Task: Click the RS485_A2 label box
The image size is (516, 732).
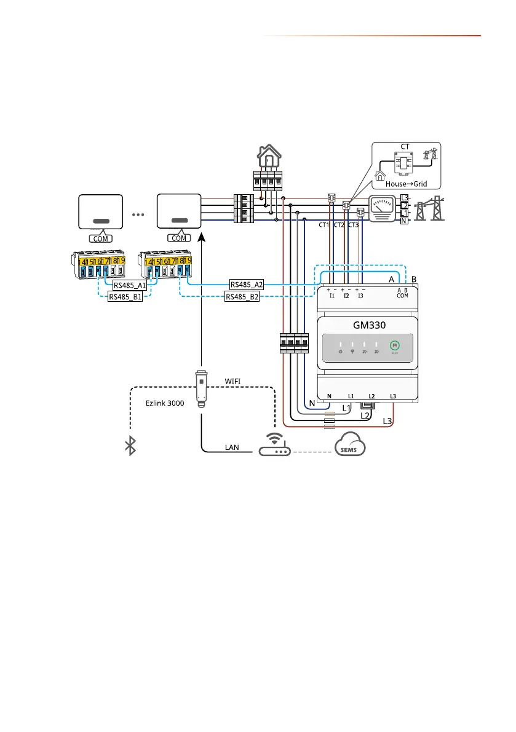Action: coord(247,285)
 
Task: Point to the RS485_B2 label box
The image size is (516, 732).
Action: coord(242,297)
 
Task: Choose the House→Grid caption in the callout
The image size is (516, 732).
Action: coord(407,184)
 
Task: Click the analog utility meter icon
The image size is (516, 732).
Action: coord(381,207)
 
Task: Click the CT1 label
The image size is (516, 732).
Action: coord(324,226)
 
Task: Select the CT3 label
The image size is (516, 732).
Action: coord(353,226)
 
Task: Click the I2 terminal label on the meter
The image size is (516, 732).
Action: coord(346,296)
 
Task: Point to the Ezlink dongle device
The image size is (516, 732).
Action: coord(201,388)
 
